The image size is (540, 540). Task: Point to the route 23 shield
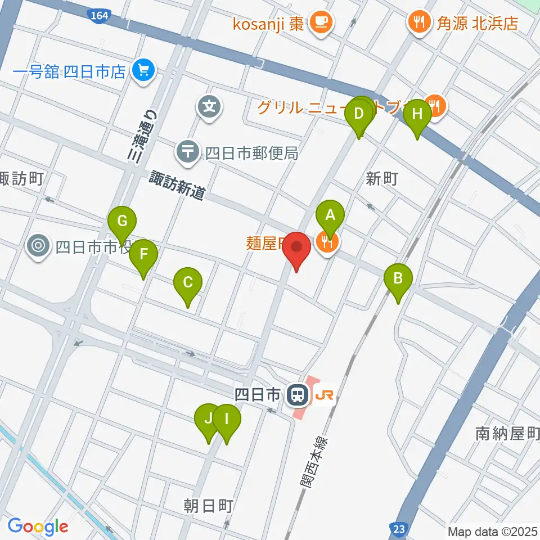398,528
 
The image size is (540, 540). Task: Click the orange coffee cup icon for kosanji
322,22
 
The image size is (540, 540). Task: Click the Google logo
38,526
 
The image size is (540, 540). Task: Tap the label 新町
382,179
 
